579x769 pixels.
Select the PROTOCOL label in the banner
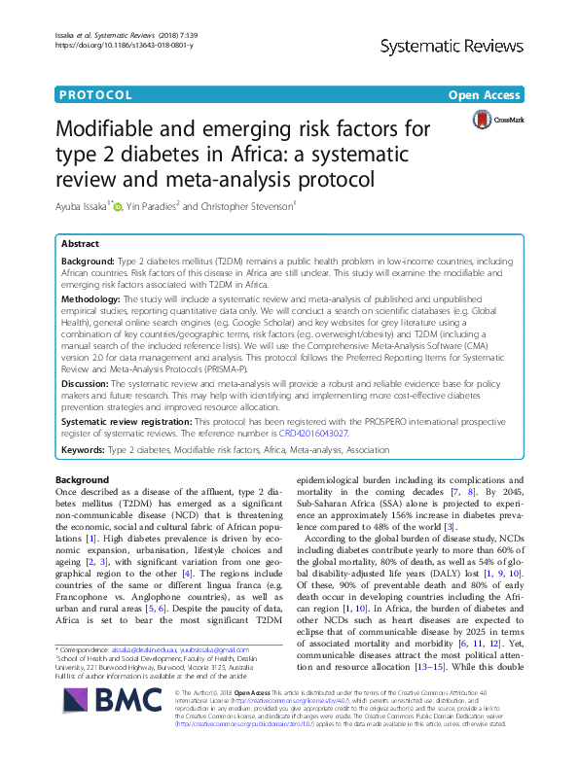pos(94,95)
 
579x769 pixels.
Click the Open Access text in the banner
pos(486,95)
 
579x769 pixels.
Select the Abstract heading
pos(81,245)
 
